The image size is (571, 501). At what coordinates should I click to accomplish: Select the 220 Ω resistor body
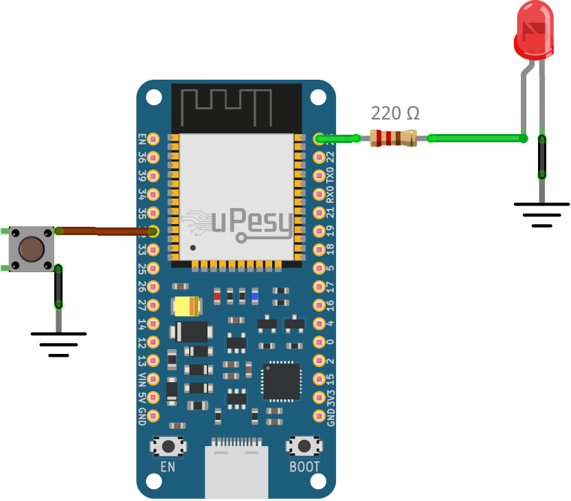coord(393,138)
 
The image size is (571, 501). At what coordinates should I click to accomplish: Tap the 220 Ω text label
coord(395,113)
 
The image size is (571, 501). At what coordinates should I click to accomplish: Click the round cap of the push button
coord(30,249)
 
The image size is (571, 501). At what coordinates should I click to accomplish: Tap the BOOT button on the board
coord(303,447)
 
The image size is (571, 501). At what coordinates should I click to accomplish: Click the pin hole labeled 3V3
coord(319,397)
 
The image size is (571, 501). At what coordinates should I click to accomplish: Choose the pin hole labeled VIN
coord(153,379)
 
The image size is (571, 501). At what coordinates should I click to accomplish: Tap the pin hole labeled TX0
coord(319,175)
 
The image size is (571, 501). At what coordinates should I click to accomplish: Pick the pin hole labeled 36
coord(153,157)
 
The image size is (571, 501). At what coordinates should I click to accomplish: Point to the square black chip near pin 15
coord(281,381)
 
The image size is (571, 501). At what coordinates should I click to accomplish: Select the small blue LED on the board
coord(255,296)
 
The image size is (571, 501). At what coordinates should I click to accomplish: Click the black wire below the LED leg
coord(542,157)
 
